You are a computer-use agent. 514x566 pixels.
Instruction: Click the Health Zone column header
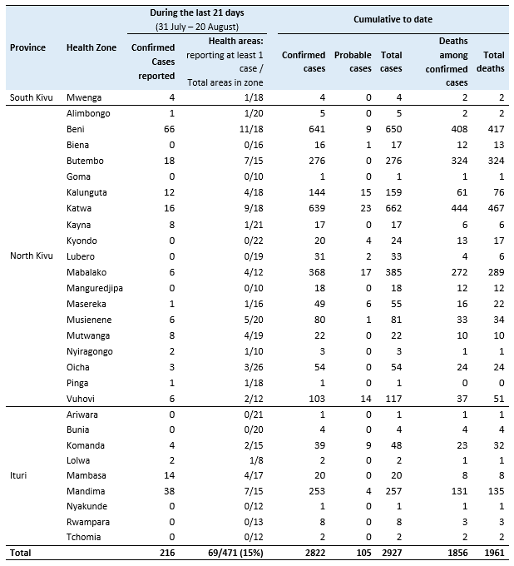[x=91, y=47]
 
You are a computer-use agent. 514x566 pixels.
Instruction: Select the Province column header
[x=27, y=47]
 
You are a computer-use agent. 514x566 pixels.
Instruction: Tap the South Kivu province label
[x=32, y=97]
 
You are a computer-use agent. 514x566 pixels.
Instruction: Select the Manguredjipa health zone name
[x=96, y=287]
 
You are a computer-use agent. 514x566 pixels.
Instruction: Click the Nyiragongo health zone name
[x=90, y=351]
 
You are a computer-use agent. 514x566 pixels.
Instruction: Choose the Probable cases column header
[x=353, y=62]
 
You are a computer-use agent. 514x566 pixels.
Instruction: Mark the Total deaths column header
[x=493, y=62]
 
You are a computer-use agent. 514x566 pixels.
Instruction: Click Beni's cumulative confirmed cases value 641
[x=315, y=129]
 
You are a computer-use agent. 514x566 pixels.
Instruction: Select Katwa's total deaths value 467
[x=494, y=208]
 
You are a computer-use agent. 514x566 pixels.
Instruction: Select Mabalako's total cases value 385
[x=391, y=271]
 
